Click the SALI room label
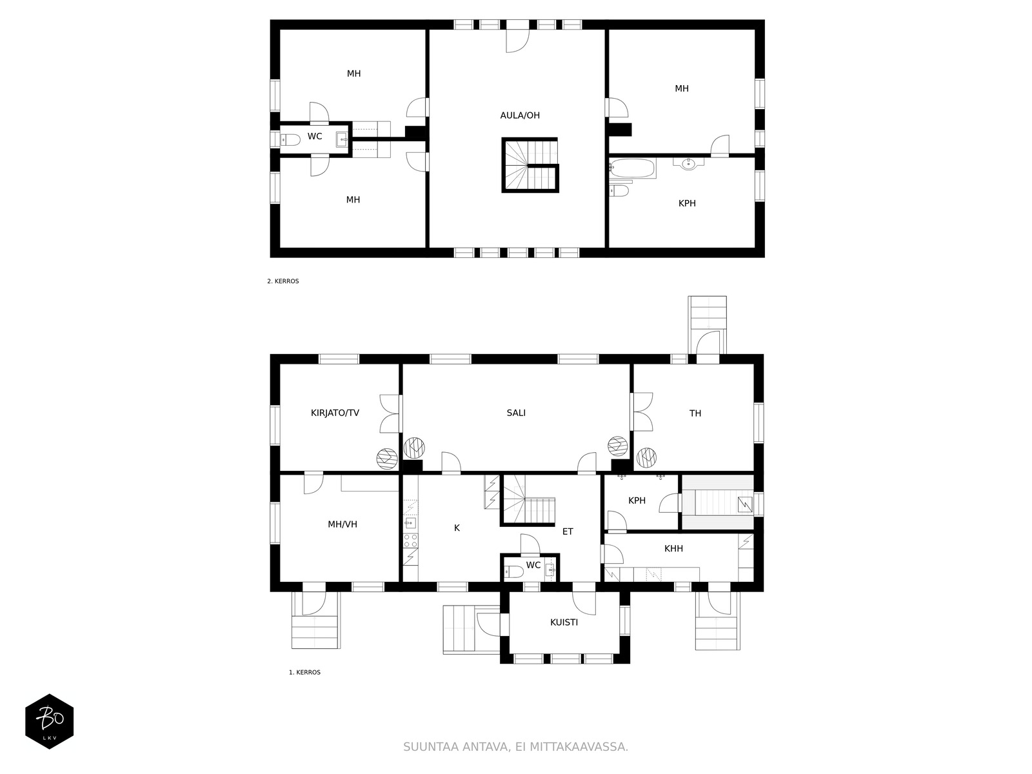516,413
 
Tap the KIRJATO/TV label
335,413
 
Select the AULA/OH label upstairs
519,115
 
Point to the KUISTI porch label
564,622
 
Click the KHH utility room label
673,548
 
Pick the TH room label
695,413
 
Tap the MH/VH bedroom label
342,524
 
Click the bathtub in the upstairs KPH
632,168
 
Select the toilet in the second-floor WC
290,139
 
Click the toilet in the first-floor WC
514,572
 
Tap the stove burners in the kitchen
410,541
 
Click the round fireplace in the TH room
646,457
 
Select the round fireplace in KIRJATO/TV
387,459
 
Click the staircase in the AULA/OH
530,165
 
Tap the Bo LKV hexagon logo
50,721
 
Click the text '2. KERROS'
283,281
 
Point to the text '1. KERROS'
304,673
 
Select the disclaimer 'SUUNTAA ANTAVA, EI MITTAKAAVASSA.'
515,747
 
